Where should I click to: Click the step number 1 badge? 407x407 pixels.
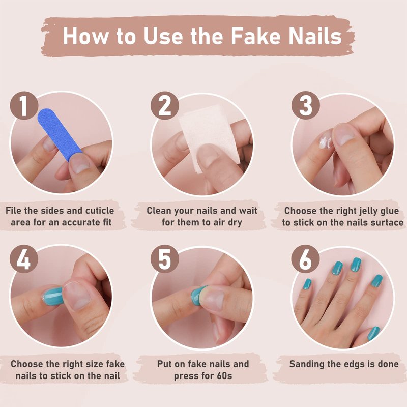[x=24, y=105]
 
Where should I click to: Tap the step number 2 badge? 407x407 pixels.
[x=164, y=105]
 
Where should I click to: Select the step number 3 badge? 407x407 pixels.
[x=305, y=105]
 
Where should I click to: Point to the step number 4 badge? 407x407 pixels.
[x=24, y=259]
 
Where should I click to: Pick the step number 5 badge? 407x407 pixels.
[x=164, y=259]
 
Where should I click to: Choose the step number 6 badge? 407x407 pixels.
[x=305, y=259]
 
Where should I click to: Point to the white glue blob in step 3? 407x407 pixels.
[x=325, y=141]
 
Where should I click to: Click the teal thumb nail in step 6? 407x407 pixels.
[x=374, y=333]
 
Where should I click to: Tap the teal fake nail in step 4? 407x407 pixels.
[x=53, y=296]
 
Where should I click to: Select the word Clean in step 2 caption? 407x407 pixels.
[x=159, y=211]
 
